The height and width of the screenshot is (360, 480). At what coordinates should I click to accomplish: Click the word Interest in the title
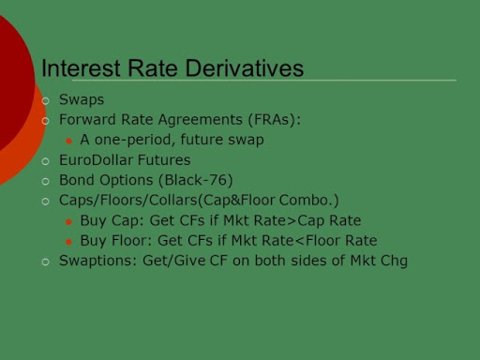coord(81,67)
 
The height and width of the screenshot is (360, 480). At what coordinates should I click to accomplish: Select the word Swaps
coord(82,100)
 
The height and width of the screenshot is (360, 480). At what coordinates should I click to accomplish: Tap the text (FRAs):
coord(275,119)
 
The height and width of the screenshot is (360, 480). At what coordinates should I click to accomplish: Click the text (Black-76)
coord(196,180)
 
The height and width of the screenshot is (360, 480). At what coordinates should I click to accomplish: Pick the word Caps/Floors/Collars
coord(128,200)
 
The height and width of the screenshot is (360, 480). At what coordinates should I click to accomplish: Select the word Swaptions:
coord(98,261)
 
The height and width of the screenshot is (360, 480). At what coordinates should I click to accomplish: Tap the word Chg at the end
coord(394,261)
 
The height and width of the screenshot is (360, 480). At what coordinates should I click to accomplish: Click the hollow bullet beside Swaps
coord(46,101)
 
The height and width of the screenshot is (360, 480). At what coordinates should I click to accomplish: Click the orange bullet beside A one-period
coord(69,142)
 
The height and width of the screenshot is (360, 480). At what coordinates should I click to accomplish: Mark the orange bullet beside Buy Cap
coord(69,222)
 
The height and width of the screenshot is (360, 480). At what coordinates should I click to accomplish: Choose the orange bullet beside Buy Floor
coord(69,242)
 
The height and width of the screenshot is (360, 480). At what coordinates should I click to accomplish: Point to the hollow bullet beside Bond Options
coord(46,182)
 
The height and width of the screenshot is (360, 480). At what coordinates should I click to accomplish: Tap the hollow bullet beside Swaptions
coord(46,262)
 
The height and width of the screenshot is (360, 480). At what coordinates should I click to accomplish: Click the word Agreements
coord(201,120)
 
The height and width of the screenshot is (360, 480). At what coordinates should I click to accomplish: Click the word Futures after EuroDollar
coord(164,160)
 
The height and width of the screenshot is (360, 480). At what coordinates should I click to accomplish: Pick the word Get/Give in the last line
coord(174,261)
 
